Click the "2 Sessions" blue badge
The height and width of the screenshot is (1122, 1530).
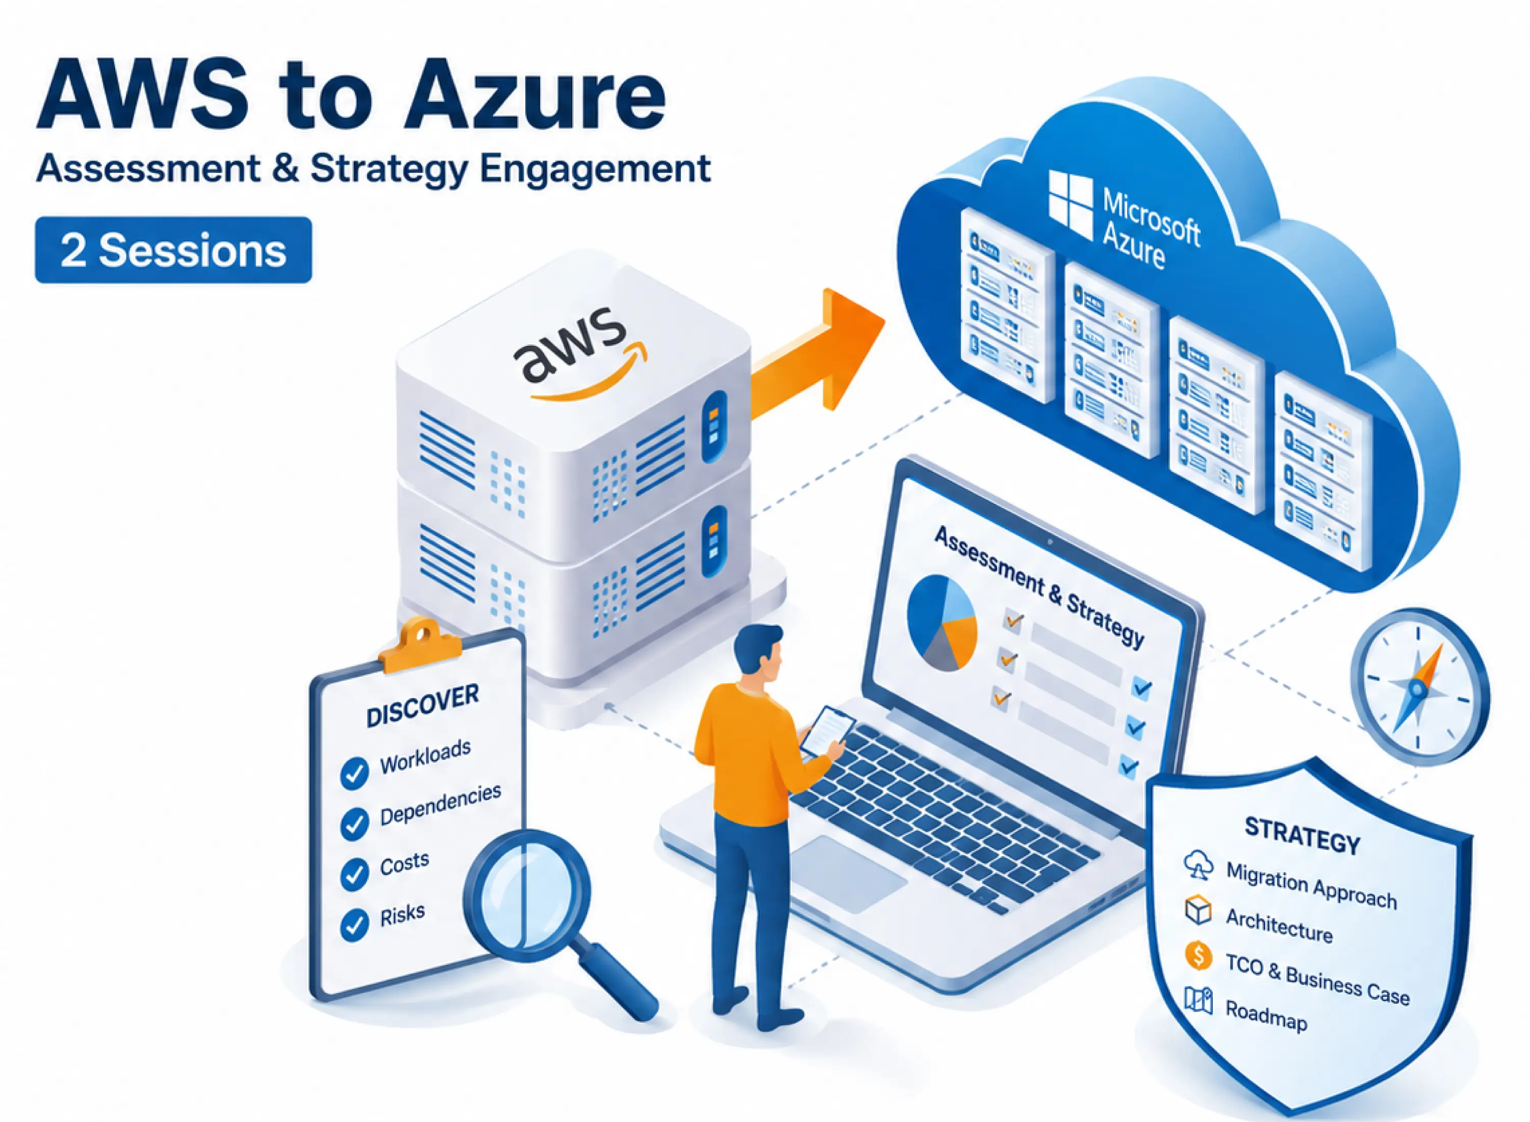(x=173, y=250)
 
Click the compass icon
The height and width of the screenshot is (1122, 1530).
(x=1419, y=686)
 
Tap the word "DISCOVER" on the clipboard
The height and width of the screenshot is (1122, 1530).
(x=422, y=705)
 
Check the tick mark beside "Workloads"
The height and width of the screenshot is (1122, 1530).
(x=354, y=773)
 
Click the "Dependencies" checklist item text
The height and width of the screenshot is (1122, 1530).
(x=440, y=805)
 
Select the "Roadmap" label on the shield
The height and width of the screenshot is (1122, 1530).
(x=1266, y=1016)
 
